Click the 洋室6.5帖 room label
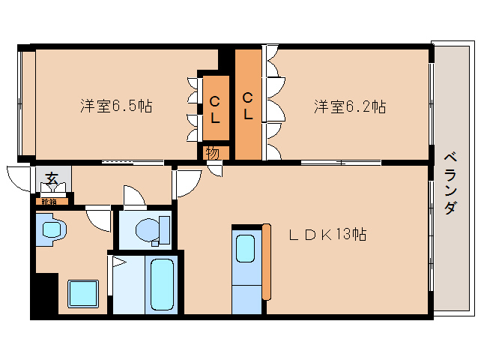coord(116,106)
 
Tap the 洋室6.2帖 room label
coord(349,106)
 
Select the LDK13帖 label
coord(327,235)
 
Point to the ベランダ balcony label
coord(450,183)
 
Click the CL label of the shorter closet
coord(215,109)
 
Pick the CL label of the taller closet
coord(247,105)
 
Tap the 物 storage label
coord(213,153)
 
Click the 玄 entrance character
coord(52,178)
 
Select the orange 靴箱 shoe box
coord(50,201)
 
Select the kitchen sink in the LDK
coord(246,248)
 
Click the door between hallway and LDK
coord(187,182)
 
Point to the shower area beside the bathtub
coord(125,285)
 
